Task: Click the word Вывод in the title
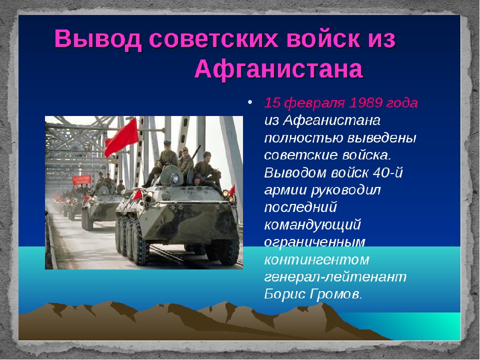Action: pyautogui.click(x=98, y=39)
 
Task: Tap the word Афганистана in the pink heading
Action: pyautogui.click(x=279, y=69)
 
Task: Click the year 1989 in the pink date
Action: pyautogui.click(x=365, y=103)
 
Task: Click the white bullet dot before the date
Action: pyautogui.click(x=250, y=102)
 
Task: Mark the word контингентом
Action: pyautogui.click(x=316, y=260)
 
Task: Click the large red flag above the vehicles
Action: pyautogui.click(x=121, y=137)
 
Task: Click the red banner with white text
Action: pyautogui.click(x=81, y=180)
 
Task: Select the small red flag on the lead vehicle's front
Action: pyautogui.click(x=137, y=194)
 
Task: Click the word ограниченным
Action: pyautogui.click(x=314, y=242)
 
